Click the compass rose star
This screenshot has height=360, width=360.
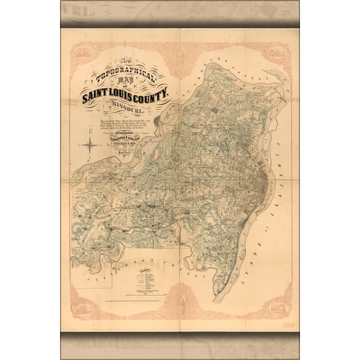click(91, 146)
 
